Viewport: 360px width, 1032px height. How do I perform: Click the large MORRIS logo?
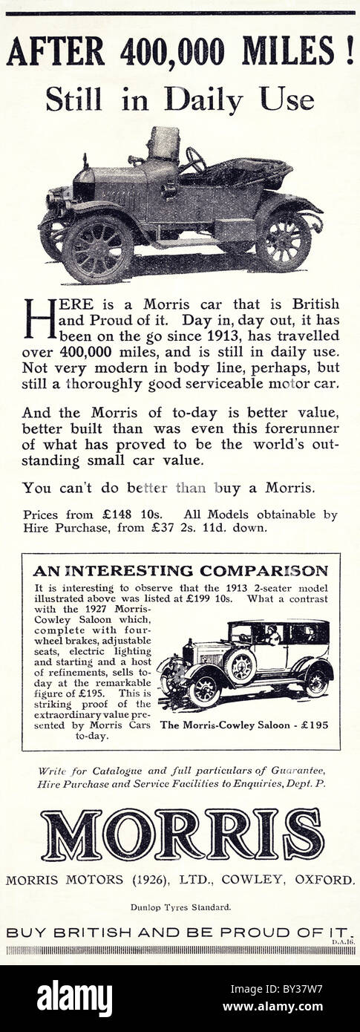(x=182, y=834)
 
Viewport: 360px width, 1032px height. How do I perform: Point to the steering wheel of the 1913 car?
(x=195, y=159)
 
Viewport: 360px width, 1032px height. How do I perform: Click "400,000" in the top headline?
(x=171, y=53)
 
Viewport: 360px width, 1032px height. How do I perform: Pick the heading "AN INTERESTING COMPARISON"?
(x=180, y=571)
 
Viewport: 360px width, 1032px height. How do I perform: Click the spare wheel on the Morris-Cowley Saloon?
(x=240, y=667)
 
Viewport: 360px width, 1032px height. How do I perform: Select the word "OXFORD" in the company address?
(x=324, y=880)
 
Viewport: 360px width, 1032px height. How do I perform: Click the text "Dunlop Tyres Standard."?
(x=180, y=907)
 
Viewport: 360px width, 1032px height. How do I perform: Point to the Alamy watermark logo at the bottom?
(x=74, y=998)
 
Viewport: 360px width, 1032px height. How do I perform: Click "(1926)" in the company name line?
(x=151, y=880)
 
